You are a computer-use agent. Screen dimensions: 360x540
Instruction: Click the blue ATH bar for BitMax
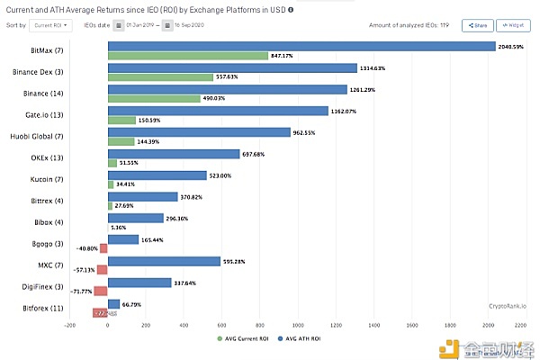coord(301,45)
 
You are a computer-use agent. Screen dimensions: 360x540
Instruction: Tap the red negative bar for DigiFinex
coord(100,292)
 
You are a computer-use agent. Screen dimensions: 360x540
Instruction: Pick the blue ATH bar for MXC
coord(163,261)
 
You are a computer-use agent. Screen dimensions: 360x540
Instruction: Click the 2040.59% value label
coord(511,45)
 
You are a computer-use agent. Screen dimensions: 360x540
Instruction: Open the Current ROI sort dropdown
coord(51,25)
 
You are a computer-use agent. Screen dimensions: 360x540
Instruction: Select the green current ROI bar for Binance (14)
coord(154,98)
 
